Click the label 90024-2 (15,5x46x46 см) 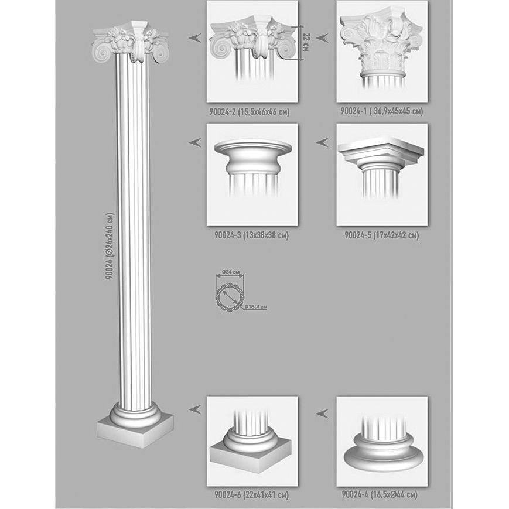tap(249, 112)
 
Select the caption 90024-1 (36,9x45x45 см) tap(382, 111)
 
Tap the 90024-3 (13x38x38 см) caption tap(252, 235)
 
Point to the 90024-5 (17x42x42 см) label tap(382, 235)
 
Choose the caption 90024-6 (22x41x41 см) tap(252, 495)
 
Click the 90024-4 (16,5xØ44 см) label tap(380, 494)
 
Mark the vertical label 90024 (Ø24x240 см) tap(110, 246)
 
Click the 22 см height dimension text tap(305, 42)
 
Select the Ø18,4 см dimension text tap(256, 306)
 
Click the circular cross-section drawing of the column tap(229, 297)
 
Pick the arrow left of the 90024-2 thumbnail tap(195, 38)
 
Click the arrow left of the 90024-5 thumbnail tap(322, 142)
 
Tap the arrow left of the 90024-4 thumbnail tap(322, 414)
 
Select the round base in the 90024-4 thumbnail tap(384, 452)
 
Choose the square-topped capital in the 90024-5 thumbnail tap(381, 151)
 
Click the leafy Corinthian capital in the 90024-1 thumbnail tap(382, 42)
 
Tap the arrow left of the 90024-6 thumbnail tap(195, 409)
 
